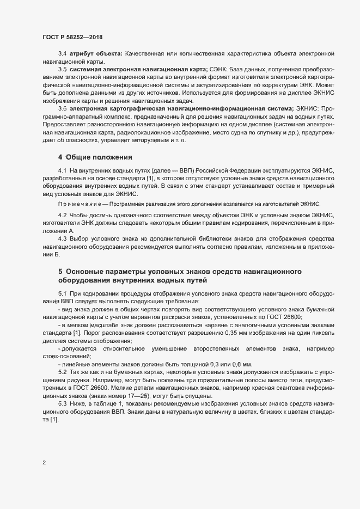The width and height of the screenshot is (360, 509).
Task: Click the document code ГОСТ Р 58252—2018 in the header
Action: point(73,36)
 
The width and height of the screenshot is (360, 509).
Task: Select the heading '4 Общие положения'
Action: point(95,157)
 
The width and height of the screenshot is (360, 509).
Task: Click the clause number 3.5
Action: point(62,71)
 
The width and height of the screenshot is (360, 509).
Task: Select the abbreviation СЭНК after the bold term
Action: point(219,71)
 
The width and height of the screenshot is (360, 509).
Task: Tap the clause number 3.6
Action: point(62,110)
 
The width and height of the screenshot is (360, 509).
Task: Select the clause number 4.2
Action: point(62,215)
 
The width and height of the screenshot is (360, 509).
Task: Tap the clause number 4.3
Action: point(62,238)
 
